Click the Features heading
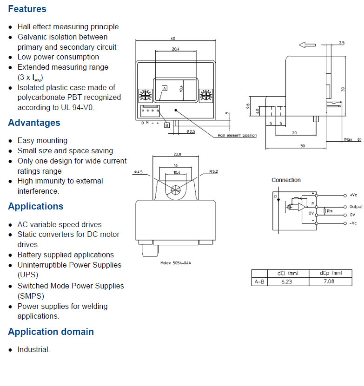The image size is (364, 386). [27, 9]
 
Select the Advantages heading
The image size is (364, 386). [34, 123]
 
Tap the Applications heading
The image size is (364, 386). [36, 206]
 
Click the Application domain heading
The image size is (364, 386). [51, 332]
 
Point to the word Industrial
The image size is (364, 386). [33, 349]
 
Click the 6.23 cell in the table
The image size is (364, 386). [287, 281]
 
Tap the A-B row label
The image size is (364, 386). [259, 281]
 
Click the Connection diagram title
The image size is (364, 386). [286, 180]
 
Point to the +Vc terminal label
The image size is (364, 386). [353, 195]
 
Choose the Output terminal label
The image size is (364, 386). [356, 206]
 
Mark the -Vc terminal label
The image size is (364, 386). [353, 223]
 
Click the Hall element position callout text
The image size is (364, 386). [237, 136]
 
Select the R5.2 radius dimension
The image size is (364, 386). [214, 172]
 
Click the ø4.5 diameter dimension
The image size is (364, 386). [138, 172]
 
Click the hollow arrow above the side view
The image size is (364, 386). [307, 45]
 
